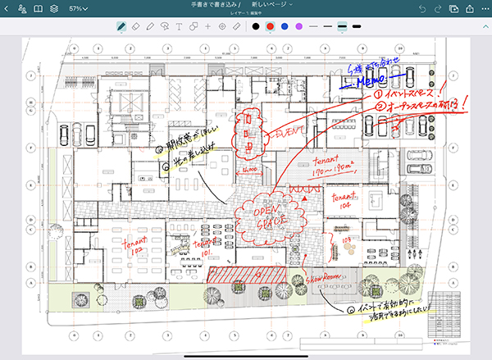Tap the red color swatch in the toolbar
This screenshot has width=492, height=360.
pos(270,26)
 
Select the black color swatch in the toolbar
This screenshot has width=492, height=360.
pos(256,26)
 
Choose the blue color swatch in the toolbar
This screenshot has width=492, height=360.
pos(285,26)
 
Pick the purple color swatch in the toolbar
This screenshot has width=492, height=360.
pos(298,26)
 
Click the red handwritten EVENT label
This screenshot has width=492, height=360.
pos(289,130)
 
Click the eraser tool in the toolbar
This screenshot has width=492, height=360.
pos(137,26)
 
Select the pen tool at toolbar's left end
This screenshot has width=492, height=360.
pos(121,26)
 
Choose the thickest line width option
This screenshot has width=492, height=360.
pos(357,26)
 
